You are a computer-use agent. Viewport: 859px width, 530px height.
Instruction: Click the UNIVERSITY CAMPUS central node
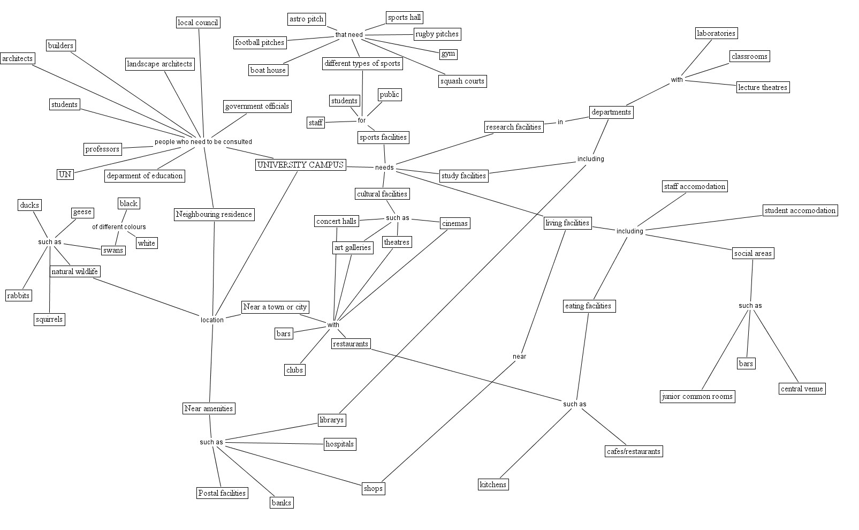300,165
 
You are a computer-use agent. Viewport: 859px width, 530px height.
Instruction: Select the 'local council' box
198,22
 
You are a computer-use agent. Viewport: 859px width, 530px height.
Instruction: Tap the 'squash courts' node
462,81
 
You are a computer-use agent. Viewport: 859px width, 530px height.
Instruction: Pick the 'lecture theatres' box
762,87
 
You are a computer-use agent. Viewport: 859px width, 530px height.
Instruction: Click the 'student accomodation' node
800,210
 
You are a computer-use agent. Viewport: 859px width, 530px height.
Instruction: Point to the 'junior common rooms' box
697,397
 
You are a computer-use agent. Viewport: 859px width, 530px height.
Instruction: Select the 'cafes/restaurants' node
633,451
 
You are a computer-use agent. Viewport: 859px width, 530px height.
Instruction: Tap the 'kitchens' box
492,484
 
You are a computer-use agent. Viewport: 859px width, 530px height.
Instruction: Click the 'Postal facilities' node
222,493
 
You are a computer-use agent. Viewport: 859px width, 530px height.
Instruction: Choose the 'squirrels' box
49,320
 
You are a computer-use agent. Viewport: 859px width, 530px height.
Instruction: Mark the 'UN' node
65,175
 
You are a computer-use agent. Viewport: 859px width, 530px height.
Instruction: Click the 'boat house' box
268,70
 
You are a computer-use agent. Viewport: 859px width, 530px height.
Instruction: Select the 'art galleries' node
352,247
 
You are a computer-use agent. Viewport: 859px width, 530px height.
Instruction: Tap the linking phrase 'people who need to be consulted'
203,142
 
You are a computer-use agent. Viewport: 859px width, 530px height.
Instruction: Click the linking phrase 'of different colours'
119,227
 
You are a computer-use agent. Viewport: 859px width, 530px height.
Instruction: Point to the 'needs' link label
384,168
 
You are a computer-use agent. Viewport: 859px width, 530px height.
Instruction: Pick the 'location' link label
212,320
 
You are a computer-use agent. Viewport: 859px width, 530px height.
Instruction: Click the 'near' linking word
519,357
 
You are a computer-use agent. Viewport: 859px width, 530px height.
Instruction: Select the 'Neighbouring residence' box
214,215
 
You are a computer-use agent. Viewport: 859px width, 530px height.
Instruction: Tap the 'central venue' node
802,389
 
